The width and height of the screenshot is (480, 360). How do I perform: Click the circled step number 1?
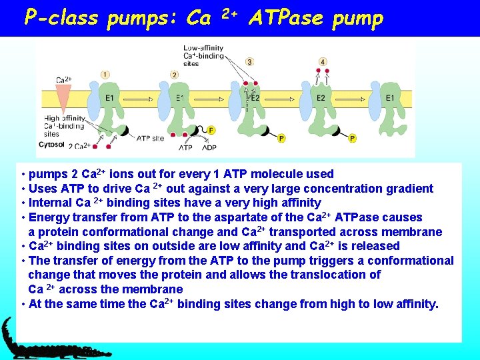coord(105,74)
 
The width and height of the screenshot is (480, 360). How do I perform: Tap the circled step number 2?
coord(174,74)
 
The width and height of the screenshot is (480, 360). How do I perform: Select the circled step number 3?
coord(250,62)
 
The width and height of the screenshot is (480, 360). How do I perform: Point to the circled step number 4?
coord(323,62)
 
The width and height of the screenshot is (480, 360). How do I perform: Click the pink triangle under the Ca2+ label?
coord(64,100)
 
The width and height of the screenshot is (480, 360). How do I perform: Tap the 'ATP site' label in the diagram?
coord(150,138)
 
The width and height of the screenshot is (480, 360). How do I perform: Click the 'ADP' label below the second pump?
coord(209,147)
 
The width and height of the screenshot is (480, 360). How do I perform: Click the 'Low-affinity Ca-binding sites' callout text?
coord(203,55)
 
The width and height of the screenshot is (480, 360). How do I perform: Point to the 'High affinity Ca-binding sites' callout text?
coord(64,126)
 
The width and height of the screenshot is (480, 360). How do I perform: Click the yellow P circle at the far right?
coord(352,138)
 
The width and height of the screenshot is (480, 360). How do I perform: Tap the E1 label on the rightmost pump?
coord(390,98)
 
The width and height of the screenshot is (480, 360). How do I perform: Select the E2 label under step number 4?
coord(321,98)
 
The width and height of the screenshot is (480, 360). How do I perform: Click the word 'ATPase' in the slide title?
coord(289,18)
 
